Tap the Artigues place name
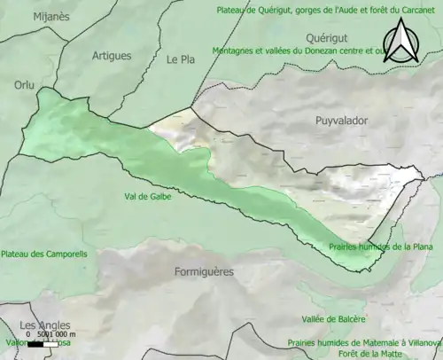[x=112, y=55]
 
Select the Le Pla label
[x=180, y=59]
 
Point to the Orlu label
[x=23, y=85]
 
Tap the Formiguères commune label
[x=204, y=271]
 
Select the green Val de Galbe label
[x=148, y=197]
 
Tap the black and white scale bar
[x=40, y=343]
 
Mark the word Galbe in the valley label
[x=159, y=197]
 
